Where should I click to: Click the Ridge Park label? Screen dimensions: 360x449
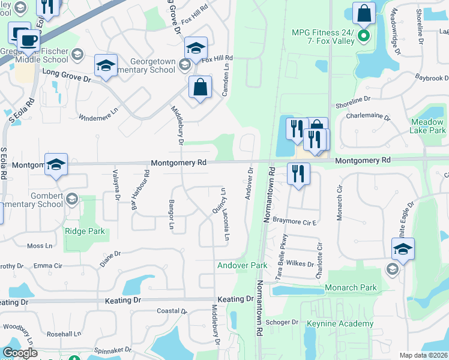[85, 231]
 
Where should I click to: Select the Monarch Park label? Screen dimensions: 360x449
[351, 288]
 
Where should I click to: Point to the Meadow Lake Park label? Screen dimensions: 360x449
[428, 126]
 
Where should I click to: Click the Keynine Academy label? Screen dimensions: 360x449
[340, 324]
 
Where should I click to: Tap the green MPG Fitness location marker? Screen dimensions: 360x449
[363, 36]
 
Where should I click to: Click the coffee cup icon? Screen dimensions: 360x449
[28, 41]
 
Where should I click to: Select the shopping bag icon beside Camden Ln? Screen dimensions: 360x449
[200, 88]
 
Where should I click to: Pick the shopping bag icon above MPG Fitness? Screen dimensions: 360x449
[364, 13]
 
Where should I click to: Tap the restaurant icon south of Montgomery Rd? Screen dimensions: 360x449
[298, 175]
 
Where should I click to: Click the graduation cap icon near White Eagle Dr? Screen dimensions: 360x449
[403, 250]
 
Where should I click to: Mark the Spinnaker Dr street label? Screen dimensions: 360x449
[112, 349]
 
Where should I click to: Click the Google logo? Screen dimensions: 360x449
[20, 353]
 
